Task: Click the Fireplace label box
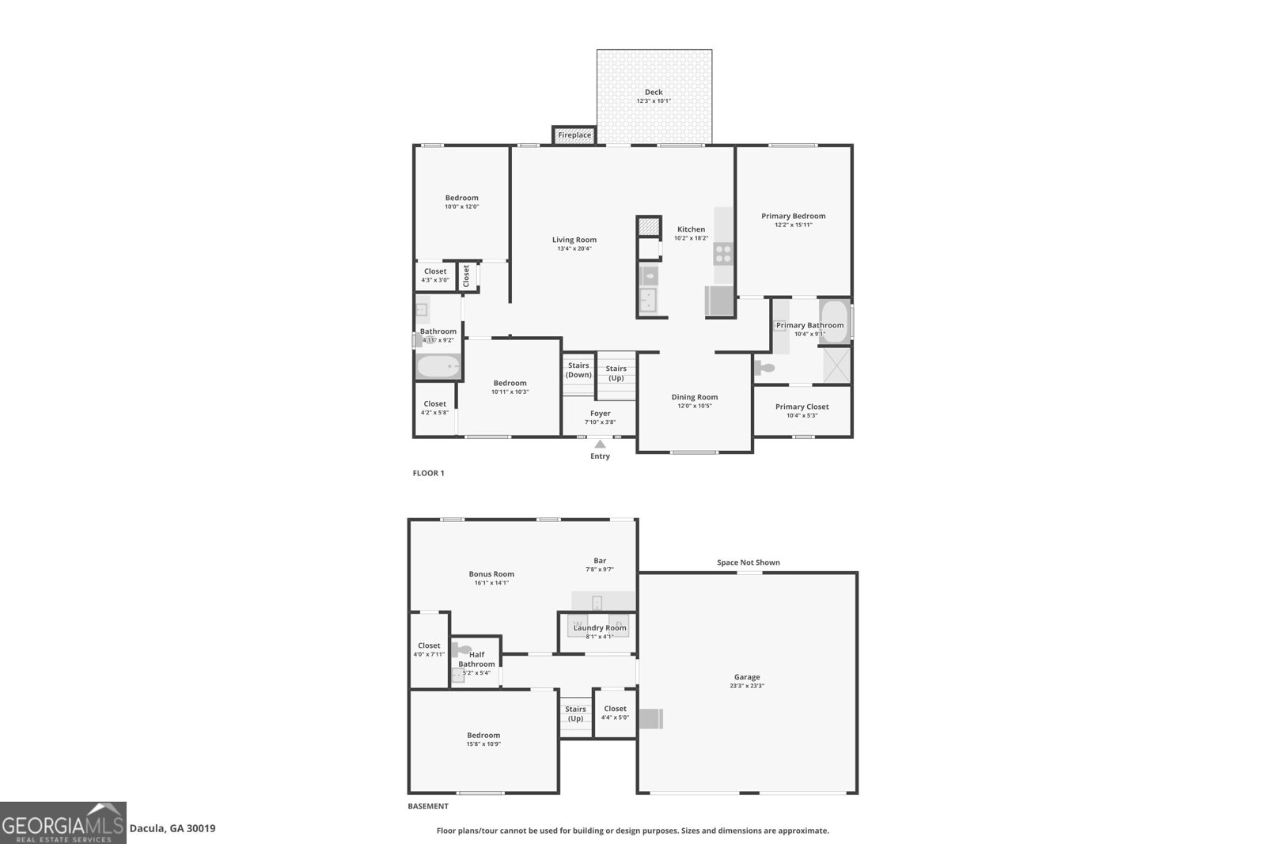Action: [574, 135]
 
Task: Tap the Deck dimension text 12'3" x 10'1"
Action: [654, 101]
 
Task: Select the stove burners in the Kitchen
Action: [723, 253]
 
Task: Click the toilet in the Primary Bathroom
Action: [765, 368]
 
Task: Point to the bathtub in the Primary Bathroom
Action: [833, 320]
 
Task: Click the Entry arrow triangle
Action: [600, 444]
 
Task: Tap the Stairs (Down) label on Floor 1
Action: [578, 369]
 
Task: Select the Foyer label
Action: [600, 413]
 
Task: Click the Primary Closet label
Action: [802, 407]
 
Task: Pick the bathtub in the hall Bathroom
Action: [438, 367]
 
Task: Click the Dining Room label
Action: [695, 397]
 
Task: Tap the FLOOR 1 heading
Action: [428, 473]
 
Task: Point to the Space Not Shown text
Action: [748, 562]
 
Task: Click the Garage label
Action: [746, 677]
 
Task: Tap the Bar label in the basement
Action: [600, 561]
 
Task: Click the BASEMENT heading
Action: [428, 806]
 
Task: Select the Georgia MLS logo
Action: [63, 823]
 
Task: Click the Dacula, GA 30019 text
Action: [172, 828]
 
